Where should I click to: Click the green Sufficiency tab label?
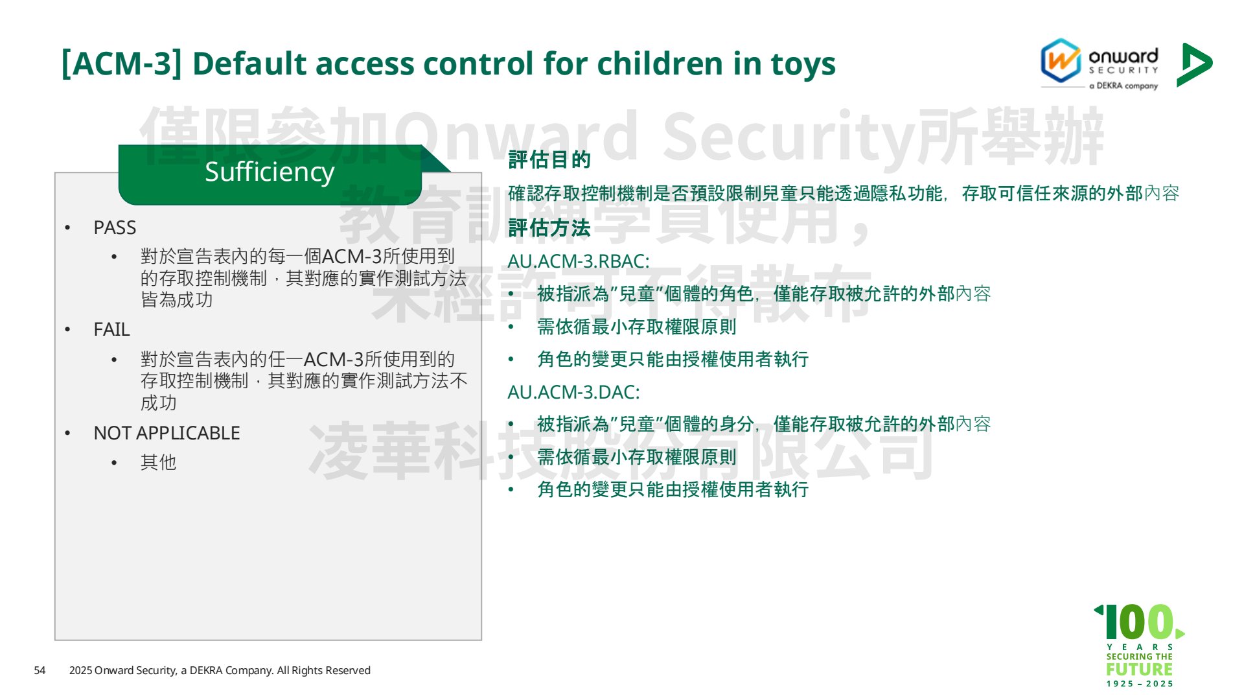tap(270, 172)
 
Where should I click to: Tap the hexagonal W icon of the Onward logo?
tap(1061, 61)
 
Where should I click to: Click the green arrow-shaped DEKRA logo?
tap(1193, 64)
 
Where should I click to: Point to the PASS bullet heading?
tap(115, 227)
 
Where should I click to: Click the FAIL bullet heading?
tap(111, 329)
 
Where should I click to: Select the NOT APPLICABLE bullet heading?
tap(167, 433)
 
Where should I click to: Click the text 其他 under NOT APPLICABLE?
tap(158, 462)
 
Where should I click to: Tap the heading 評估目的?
tap(549, 159)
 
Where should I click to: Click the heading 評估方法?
tap(549, 227)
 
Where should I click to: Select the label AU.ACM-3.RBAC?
tap(579, 261)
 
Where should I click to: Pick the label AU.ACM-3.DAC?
tap(573, 392)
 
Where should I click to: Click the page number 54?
tap(40, 670)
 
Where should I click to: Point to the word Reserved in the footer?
tap(348, 670)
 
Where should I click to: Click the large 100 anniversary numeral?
tap(1138, 622)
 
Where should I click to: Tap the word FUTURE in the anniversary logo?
tap(1140, 669)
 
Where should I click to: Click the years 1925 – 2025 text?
tap(1140, 684)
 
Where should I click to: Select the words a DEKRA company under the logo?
tap(1123, 86)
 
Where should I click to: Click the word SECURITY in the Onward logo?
tap(1123, 70)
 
